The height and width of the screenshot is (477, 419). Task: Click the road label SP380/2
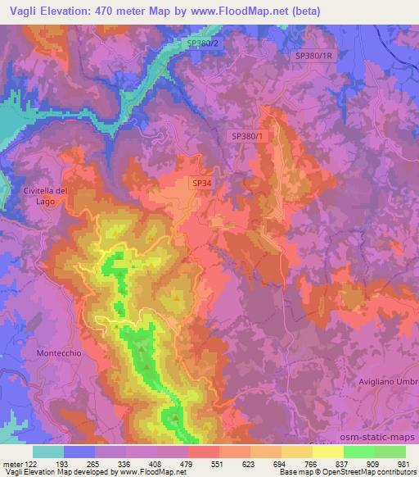point(203,43)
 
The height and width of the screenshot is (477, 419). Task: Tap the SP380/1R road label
point(315,56)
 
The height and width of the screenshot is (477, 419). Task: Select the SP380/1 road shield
point(248,137)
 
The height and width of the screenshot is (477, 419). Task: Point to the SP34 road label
point(201,184)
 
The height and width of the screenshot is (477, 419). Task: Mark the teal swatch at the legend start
point(48,451)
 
